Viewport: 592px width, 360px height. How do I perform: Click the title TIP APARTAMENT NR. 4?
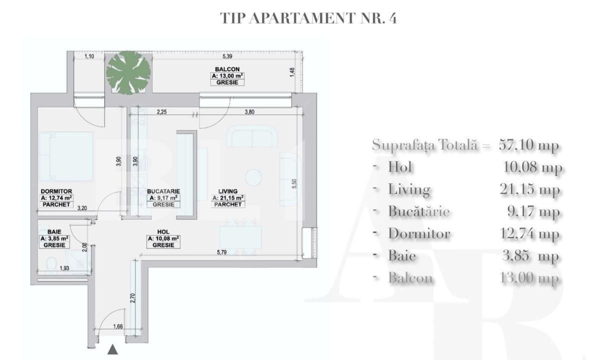308,18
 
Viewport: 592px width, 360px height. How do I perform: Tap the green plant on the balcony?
128,71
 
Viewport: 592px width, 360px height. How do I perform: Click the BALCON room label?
227,69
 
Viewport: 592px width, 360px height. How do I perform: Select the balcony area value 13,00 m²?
227,76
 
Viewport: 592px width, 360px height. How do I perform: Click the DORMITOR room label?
56,191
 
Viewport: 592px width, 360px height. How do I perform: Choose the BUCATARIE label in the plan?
163,191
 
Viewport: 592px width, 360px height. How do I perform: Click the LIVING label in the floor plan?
227,191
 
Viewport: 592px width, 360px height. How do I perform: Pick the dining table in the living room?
240,237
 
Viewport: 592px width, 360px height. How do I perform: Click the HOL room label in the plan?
163,232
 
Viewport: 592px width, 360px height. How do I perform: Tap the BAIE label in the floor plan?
54,232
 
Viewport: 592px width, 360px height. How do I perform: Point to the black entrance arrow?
113,349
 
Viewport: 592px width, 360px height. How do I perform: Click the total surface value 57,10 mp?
528,145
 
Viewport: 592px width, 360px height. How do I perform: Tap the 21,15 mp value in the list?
533,189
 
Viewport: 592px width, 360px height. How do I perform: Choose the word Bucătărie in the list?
419,211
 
